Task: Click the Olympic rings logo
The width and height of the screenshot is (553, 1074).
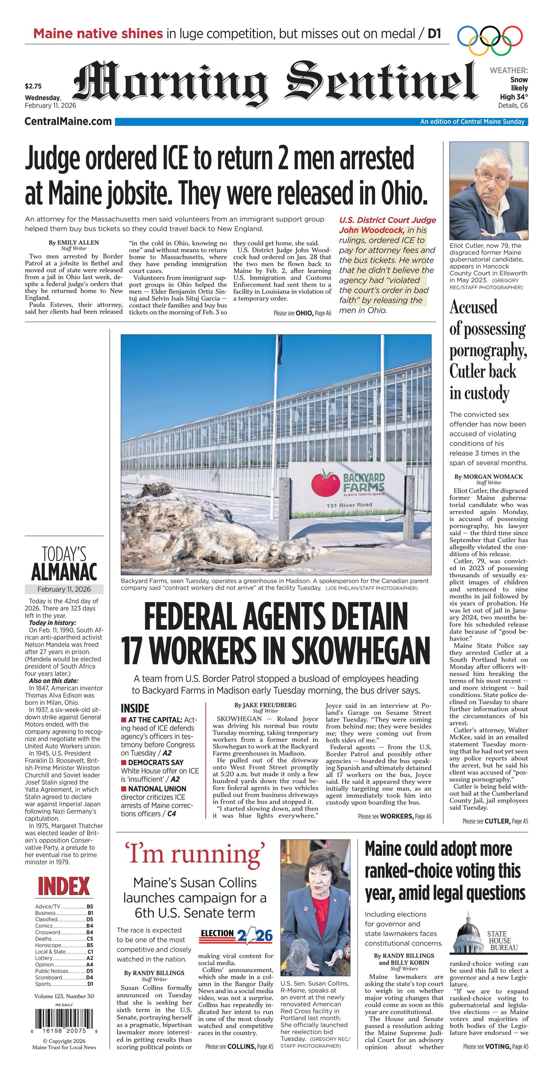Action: coord(490,41)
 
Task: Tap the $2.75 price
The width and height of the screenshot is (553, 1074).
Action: coord(33,87)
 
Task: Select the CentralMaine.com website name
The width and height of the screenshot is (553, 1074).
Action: coord(68,121)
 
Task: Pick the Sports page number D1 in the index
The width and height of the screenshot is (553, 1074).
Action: coord(90,984)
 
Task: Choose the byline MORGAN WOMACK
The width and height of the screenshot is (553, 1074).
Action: coord(488,476)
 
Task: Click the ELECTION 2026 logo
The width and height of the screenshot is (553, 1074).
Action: coord(236,936)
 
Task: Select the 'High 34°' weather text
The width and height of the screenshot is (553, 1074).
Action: coord(514,97)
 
